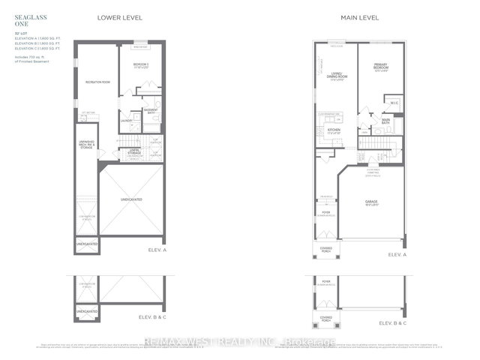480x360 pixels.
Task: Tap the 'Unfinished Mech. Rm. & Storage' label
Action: (x=86, y=146)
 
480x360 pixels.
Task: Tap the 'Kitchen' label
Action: (x=334, y=130)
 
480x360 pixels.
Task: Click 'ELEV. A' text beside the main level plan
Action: (x=396, y=256)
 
